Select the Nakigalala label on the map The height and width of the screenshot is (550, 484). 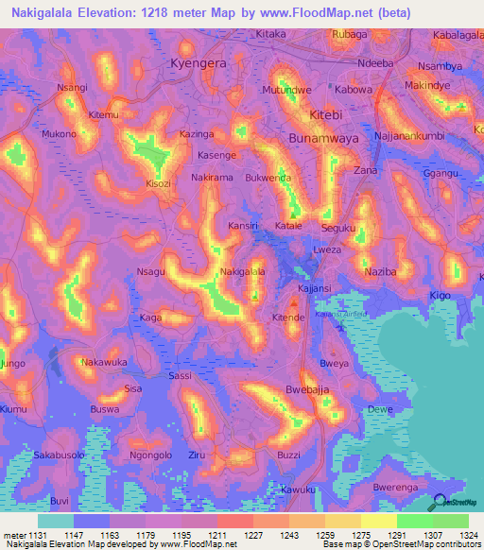point(242,272)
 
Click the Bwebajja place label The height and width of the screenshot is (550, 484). point(307,389)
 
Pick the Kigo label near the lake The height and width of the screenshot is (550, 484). point(441,296)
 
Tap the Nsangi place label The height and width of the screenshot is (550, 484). point(72,87)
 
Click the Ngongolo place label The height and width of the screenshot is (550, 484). point(150,454)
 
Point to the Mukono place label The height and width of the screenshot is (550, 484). point(59,134)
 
